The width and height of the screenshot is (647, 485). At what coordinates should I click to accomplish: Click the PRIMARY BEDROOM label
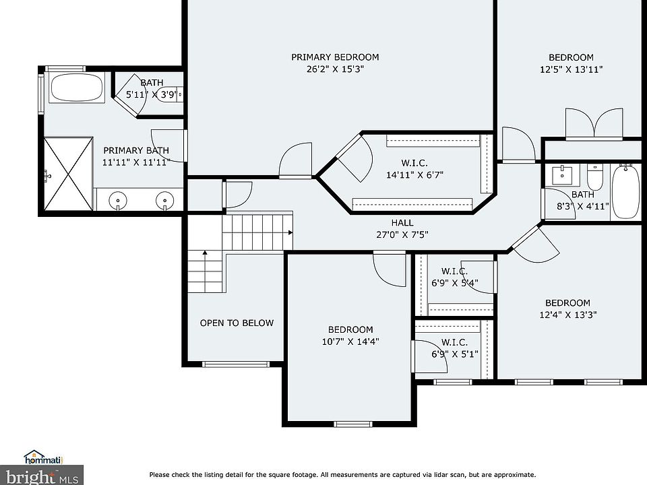click(335, 57)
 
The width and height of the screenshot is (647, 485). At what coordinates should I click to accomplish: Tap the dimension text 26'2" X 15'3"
click(335, 69)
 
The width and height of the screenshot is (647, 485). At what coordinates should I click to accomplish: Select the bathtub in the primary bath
click(77, 87)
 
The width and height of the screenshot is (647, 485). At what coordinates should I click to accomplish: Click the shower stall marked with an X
click(69, 174)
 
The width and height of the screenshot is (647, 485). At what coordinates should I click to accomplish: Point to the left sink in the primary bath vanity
click(118, 201)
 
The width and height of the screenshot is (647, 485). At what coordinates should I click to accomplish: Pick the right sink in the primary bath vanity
click(164, 201)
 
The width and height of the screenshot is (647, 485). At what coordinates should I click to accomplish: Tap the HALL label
click(402, 223)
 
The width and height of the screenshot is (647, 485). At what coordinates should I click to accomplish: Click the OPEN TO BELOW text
click(237, 323)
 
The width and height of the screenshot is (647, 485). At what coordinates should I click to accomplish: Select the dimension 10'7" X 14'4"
click(350, 342)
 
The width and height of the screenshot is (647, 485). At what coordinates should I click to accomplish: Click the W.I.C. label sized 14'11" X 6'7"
click(414, 163)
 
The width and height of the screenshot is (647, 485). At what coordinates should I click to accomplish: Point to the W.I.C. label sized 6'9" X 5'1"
click(454, 342)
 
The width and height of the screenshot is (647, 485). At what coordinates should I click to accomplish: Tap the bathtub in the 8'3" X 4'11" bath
click(626, 191)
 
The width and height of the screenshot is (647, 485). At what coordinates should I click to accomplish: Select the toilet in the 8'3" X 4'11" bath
click(595, 177)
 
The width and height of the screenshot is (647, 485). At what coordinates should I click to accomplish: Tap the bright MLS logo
click(41, 476)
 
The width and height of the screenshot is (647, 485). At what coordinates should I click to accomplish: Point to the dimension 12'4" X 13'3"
click(567, 315)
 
